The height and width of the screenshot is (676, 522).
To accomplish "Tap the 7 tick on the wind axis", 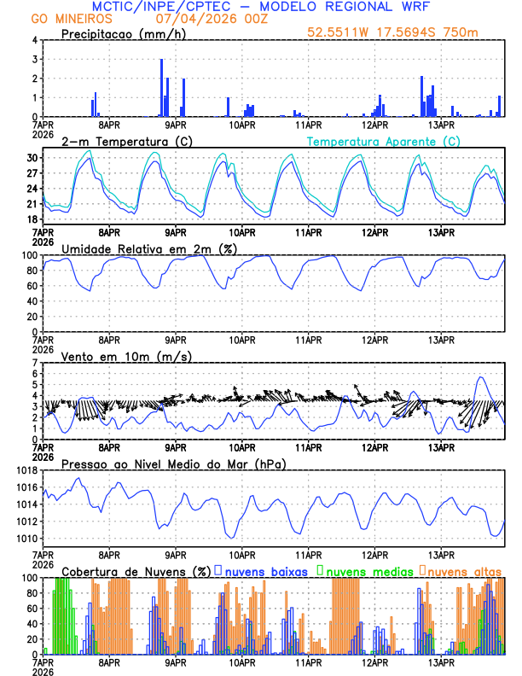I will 36,363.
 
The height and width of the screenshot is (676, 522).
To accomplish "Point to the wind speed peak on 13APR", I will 481,377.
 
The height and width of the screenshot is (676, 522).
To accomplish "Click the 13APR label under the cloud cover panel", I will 441,661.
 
